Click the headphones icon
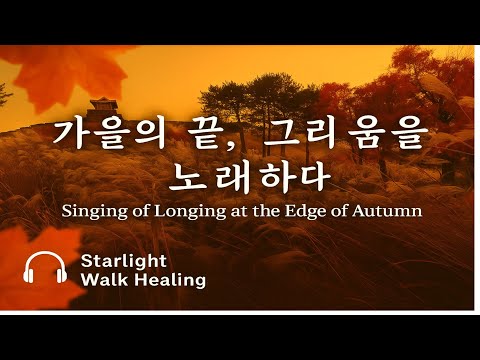[x=45, y=269]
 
